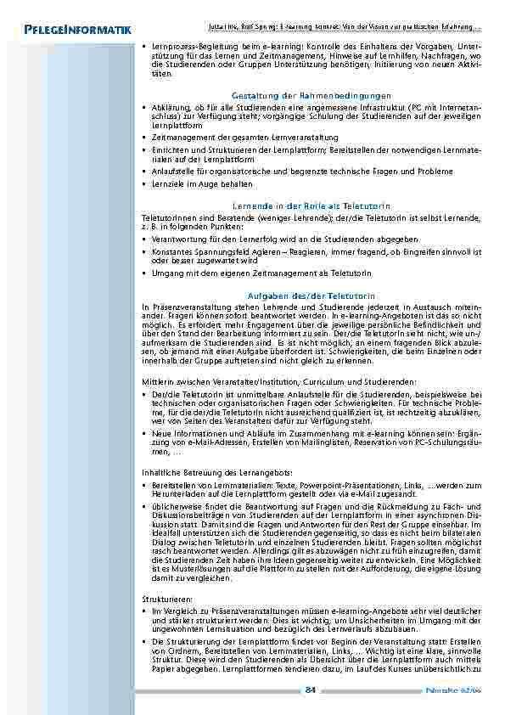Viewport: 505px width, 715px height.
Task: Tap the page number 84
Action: coord(310,689)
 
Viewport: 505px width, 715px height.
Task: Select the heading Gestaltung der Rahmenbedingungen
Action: coord(311,96)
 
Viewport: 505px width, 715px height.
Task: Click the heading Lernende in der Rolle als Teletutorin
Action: coord(311,205)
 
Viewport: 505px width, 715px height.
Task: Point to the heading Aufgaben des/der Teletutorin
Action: coord(311,295)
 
